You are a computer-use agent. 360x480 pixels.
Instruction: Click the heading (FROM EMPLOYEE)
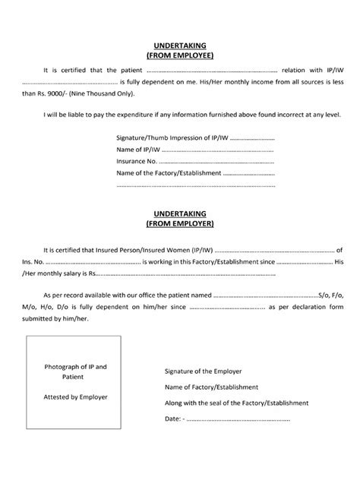click(x=180, y=55)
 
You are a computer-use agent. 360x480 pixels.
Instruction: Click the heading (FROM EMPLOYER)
click(x=180, y=225)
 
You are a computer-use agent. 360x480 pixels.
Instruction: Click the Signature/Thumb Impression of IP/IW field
click(x=251, y=139)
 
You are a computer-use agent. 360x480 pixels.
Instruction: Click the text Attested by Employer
click(x=75, y=396)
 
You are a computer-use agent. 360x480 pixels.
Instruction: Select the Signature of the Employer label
click(x=203, y=371)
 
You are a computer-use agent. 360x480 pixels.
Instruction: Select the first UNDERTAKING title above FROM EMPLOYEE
click(x=180, y=46)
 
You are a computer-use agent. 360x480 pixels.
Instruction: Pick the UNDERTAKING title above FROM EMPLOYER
click(x=180, y=215)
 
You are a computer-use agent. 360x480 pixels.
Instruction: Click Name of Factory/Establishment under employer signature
click(x=212, y=387)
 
